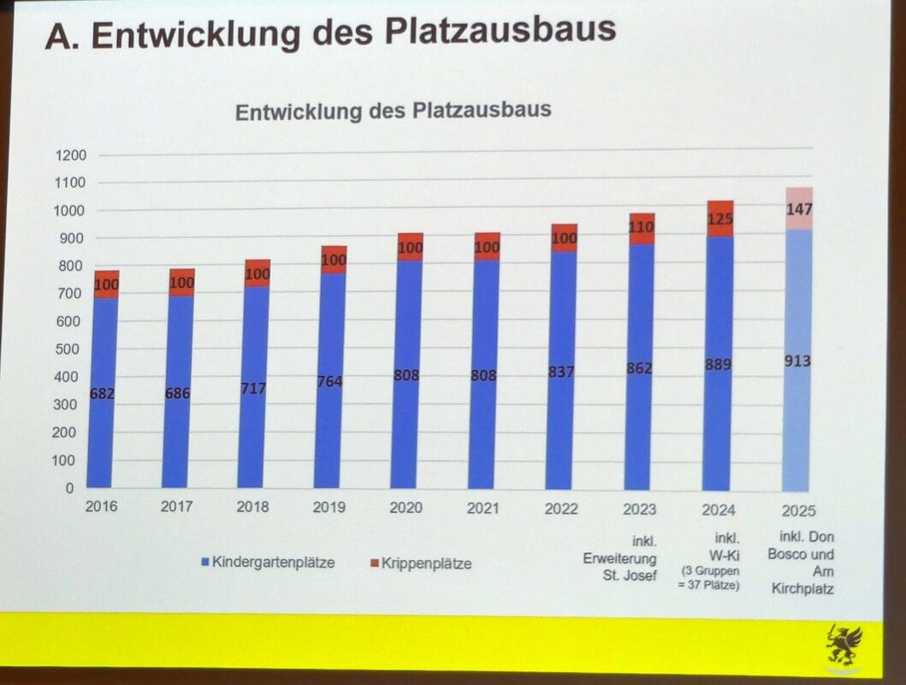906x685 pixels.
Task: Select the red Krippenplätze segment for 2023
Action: [639, 229]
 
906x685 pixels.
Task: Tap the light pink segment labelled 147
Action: [798, 208]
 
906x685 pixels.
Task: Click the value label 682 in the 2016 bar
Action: [103, 394]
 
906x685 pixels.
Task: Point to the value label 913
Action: [797, 361]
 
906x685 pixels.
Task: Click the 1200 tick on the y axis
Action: [71, 156]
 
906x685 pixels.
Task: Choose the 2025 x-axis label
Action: [797, 511]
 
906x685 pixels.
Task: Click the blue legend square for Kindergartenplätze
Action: [204, 563]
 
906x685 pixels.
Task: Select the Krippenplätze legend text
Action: [426, 563]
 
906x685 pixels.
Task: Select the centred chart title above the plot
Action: [393, 111]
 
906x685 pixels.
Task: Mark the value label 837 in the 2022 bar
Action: [561, 372]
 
